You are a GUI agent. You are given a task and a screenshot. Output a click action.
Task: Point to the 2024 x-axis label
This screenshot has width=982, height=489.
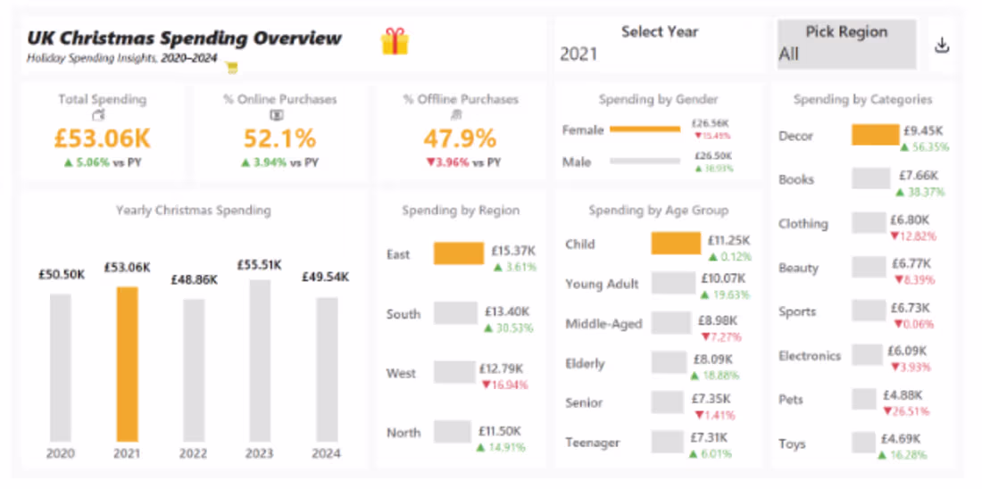(x=326, y=453)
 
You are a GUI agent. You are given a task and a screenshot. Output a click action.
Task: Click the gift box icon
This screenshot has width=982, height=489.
(x=395, y=41)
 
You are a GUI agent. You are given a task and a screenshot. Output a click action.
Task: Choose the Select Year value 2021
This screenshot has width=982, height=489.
(x=578, y=54)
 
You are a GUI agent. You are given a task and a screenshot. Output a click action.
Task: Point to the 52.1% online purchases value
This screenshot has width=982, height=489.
(x=280, y=138)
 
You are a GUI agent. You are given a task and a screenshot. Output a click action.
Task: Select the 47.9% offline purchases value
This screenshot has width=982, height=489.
(x=460, y=138)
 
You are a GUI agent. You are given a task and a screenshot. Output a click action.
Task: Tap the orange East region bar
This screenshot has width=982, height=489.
(x=458, y=253)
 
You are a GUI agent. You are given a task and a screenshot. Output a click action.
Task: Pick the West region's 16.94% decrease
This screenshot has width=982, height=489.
(x=504, y=385)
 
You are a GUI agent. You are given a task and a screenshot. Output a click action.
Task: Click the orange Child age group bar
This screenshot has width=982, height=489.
(x=676, y=244)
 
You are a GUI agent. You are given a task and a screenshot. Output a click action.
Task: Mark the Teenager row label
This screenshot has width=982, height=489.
(x=592, y=443)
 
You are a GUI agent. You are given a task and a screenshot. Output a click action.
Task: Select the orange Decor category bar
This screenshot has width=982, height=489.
(x=875, y=135)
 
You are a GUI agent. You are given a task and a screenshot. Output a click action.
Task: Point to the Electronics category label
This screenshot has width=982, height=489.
(x=809, y=356)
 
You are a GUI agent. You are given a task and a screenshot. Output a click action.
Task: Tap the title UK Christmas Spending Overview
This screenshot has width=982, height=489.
(x=184, y=38)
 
